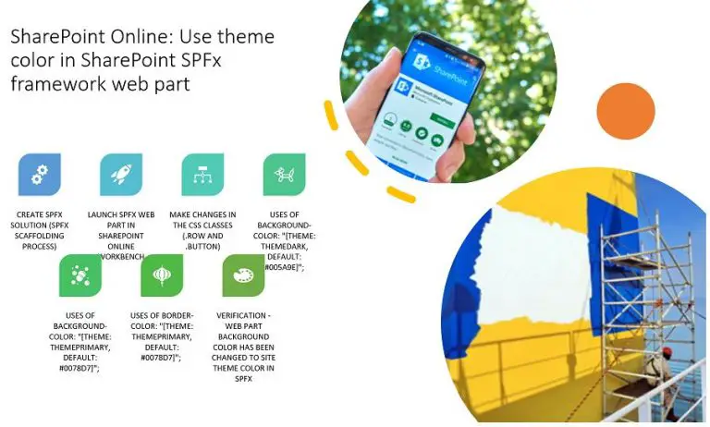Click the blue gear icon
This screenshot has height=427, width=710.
[x=40, y=175]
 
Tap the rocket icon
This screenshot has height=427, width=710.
[x=121, y=175]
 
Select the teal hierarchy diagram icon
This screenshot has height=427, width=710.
[x=202, y=175]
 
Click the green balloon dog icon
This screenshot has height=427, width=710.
[x=284, y=175]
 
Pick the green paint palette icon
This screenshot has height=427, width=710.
[x=243, y=275]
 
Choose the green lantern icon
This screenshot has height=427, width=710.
[x=162, y=275]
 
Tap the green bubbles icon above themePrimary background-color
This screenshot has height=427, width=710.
[x=80, y=275]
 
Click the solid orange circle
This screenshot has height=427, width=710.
[x=625, y=111]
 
